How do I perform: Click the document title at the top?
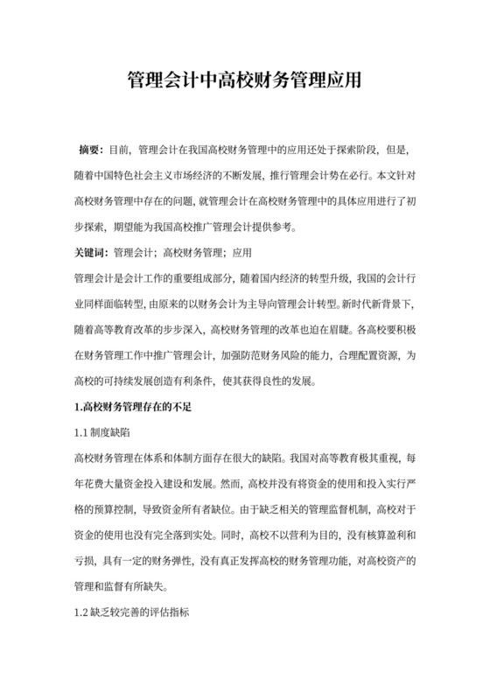click(245, 81)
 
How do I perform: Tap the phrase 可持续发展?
click(158, 381)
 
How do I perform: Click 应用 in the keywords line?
click(241, 255)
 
